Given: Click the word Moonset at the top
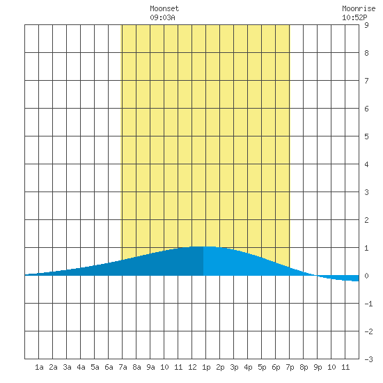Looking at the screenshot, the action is (x=164, y=8).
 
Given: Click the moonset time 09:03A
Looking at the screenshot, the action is (x=162, y=17).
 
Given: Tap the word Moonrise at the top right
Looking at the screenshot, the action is (x=359, y=8).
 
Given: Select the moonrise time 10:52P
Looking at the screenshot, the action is (x=354, y=17).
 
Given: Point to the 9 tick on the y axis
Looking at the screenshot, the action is (x=366, y=25).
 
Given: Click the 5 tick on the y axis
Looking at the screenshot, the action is (x=366, y=136).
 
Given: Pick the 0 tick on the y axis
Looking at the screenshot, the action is (x=366, y=276).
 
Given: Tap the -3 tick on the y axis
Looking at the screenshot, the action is (x=368, y=359).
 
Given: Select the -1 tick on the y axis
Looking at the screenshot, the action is (x=368, y=304).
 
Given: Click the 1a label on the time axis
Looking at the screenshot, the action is (x=39, y=367).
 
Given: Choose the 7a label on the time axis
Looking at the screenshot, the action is (x=123, y=367).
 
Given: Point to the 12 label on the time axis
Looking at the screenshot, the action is (x=192, y=367).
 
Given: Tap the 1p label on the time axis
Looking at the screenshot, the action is (x=206, y=367).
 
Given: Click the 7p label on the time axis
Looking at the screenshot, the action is (x=290, y=367).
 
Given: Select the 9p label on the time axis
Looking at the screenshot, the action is (x=318, y=367).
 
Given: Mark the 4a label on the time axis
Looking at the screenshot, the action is (x=81, y=367).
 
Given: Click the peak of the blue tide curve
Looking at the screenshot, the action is (x=203, y=247).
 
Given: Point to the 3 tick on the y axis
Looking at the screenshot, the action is (x=366, y=192).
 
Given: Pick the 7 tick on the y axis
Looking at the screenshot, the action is (x=366, y=81).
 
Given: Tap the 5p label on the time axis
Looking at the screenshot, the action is (x=262, y=367).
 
